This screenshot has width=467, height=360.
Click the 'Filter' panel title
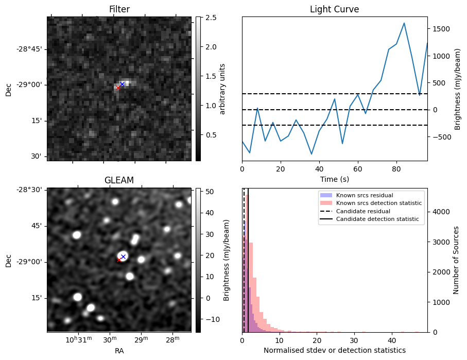[x=119, y=9]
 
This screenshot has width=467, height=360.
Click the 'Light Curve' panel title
[x=334, y=9]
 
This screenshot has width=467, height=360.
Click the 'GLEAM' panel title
[x=119, y=180]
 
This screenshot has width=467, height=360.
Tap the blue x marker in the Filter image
[x=122, y=84]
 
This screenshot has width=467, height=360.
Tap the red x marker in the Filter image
[x=118, y=88]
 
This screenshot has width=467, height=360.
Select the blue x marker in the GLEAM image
[x=123, y=256]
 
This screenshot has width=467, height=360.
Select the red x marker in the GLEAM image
[x=119, y=260]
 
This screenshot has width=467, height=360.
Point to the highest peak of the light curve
[x=404, y=23]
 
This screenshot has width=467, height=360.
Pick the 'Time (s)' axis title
[x=334, y=178]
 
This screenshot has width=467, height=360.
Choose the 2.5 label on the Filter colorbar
[x=207, y=18]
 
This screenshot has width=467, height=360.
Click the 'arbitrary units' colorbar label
[x=222, y=89]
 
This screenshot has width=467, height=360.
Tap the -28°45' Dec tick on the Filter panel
[x=32, y=49]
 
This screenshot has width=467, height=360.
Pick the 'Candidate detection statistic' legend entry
[x=377, y=219]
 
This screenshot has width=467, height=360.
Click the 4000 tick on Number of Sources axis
[x=439, y=212]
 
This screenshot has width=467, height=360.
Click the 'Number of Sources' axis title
[x=456, y=260]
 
